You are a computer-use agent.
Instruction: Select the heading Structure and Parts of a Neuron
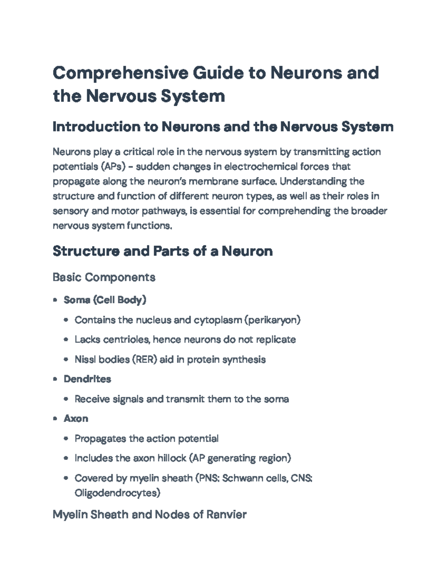[x=162, y=251]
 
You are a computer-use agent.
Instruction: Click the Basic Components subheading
[x=104, y=277]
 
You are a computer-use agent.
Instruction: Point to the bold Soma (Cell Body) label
[x=105, y=300]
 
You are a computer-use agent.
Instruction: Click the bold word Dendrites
[x=87, y=379]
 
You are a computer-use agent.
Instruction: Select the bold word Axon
[x=76, y=419]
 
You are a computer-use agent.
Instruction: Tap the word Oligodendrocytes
[x=117, y=493]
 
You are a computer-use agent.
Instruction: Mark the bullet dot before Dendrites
[x=55, y=379]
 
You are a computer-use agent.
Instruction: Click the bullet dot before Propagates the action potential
[x=66, y=438]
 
